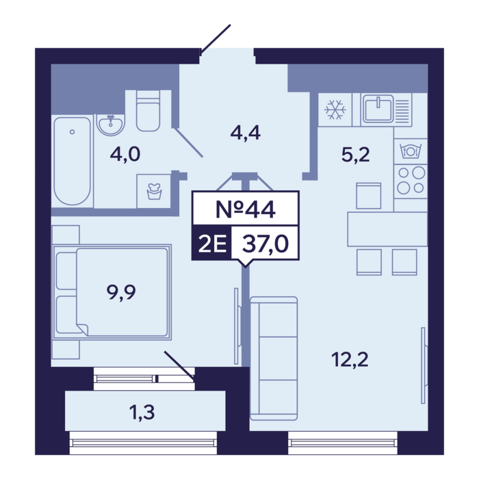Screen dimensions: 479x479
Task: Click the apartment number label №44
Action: [245, 209]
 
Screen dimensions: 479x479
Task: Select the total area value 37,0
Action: [266, 244]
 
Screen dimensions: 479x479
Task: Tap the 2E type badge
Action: [211, 244]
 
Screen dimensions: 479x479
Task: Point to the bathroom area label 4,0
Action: [125, 154]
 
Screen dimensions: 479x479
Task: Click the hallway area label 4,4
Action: [245, 133]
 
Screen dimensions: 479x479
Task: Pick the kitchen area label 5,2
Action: [355, 154]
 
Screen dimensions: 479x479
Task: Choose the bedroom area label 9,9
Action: [121, 292]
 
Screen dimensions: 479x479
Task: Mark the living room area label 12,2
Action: [350, 359]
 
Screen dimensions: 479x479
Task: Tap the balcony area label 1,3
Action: [142, 412]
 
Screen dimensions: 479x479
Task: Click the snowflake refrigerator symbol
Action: [335, 109]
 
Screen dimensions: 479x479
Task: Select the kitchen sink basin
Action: [378, 108]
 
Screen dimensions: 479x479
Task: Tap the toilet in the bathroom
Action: [148, 111]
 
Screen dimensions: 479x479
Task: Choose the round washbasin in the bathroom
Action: [111, 125]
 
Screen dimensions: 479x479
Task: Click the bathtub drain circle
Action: [72, 132]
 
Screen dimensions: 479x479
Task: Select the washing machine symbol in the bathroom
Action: [154, 192]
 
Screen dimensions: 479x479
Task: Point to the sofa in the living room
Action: [274, 359]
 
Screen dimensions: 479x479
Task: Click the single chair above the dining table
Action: [369, 196]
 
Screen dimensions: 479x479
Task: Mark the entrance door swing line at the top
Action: [216, 40]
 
